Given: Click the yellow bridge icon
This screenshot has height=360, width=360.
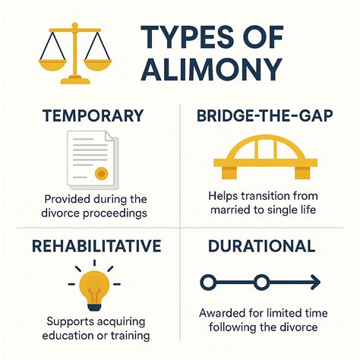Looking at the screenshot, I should tap(262, 159).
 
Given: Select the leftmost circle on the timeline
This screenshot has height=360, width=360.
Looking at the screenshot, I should tap(207, 283).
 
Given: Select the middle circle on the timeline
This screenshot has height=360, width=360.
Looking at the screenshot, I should tap(261, 283).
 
